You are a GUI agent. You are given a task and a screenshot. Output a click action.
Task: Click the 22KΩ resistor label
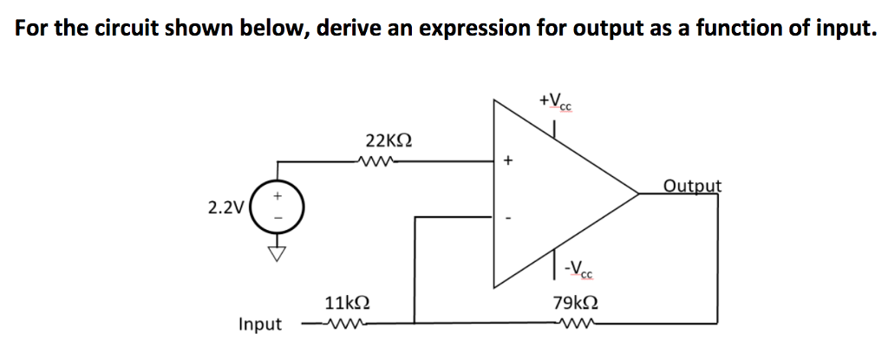[388, 140]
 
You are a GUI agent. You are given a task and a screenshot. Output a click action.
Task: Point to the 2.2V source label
[225, 207]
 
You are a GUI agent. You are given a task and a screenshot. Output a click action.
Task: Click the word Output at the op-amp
[692, 186]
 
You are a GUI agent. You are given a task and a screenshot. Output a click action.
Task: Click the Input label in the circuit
[260, 324]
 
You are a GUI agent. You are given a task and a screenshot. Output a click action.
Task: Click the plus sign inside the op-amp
[509, 160]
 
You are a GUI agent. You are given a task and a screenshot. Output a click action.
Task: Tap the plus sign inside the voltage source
[277, 197]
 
